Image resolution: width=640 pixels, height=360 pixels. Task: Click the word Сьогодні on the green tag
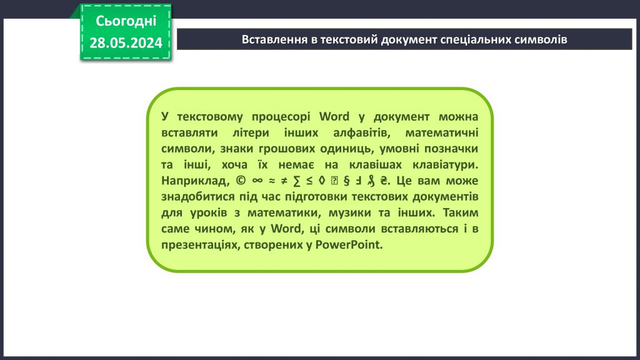126,21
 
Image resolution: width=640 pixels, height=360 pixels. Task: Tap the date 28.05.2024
126,42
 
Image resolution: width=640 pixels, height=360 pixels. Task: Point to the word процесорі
284,117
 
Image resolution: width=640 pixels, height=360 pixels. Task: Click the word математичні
441,133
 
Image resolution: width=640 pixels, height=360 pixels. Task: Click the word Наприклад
194,181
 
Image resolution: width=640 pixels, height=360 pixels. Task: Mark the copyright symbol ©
241,181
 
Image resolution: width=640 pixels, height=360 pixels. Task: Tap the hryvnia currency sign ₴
384,181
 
